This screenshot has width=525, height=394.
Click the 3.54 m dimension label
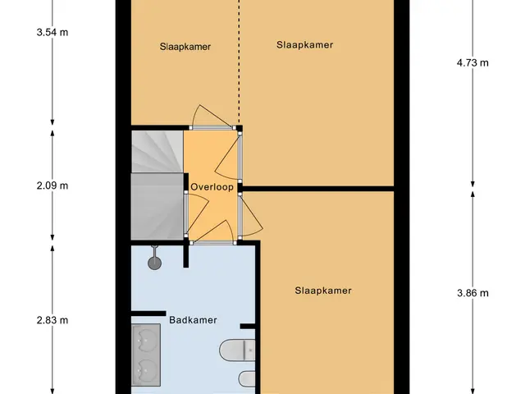click(52, 33)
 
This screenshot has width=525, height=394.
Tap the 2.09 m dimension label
click(52, 186)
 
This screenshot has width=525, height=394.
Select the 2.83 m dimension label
click(52, 320)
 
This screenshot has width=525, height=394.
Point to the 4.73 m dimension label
click(472, 62)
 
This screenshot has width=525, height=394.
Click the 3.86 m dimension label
click(472, 293)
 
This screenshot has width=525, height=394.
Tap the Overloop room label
click(212, 187)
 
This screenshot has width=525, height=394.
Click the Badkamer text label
click(194, 320)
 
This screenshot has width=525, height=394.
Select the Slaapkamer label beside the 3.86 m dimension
click(323, 291)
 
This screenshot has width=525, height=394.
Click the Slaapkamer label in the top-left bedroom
click(185, 47)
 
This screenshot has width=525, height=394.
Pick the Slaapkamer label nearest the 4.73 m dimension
click(304, 45)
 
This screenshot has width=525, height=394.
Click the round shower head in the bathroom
click(154, 263)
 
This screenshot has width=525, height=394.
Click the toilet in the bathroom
click(237, 350)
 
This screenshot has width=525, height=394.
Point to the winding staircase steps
click(157, 186)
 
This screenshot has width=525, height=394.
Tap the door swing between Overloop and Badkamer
click(213, 231)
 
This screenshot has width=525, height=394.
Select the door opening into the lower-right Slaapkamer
click(250, 217)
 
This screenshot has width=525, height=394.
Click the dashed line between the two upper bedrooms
click(239, 62)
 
